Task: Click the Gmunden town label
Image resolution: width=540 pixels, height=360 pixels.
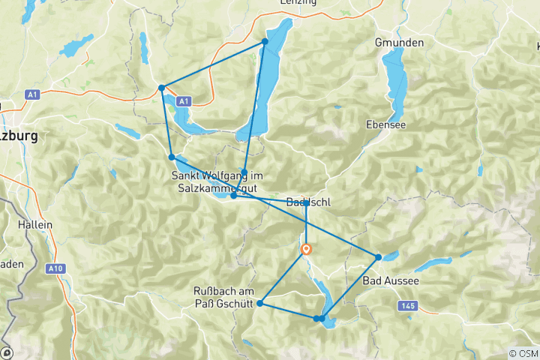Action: point(400,43)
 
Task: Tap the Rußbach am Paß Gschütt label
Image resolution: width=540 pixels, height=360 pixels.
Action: point(223,296)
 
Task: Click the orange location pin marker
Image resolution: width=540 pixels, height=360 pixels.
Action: point(306,249)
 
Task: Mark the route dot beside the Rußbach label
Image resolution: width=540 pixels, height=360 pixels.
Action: point(259,303)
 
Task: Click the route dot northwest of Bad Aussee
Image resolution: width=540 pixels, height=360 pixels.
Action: point(378,257)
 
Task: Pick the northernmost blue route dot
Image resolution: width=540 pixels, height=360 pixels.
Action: point(265,41)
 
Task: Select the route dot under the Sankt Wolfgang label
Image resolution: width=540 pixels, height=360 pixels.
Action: point(234,195)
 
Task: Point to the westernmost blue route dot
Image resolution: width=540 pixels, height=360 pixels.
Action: point(161,88)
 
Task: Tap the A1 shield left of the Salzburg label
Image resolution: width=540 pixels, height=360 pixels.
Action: point(31,94)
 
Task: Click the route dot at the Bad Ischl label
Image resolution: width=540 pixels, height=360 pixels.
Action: point(306,203)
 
